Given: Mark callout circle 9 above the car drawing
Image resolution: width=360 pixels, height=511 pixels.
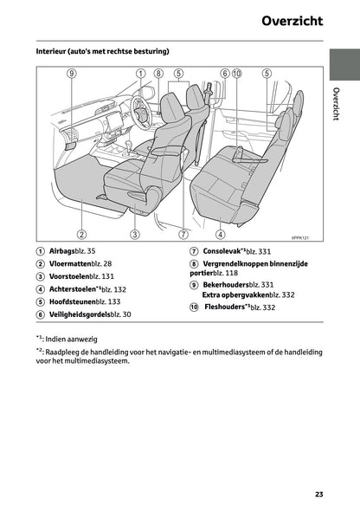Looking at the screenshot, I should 71,74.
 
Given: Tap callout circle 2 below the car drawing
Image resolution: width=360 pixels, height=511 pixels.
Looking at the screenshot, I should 80,234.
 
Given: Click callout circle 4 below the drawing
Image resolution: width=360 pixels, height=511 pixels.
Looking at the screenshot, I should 221,234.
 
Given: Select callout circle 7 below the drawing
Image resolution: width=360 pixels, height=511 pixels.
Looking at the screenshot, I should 183,234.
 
